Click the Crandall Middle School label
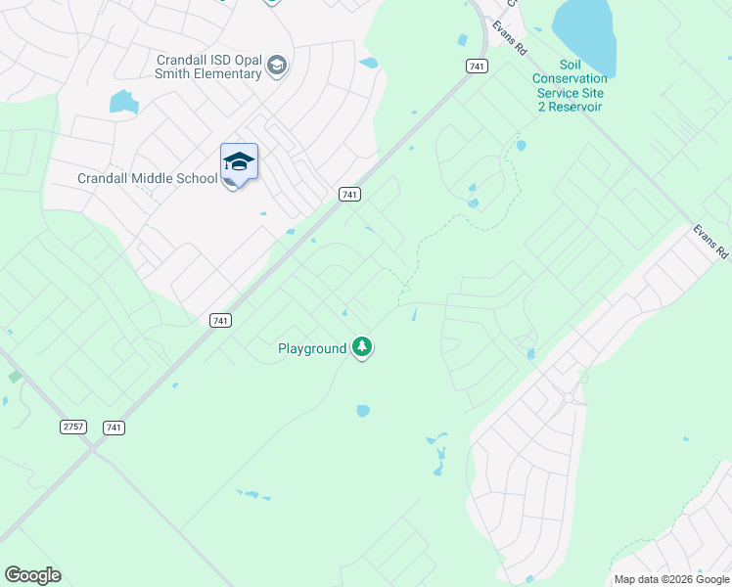point(148,178)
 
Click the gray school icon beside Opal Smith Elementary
point(277,67)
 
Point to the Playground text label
point(312,348)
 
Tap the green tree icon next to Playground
point(363,346)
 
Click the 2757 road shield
point(73,427)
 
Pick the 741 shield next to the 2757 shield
point(114,428)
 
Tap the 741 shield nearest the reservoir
point(476,66)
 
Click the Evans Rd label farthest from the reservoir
point(711,242)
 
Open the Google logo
point(33,575)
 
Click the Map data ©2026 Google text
point(671,579)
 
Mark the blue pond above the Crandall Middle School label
point(123,102)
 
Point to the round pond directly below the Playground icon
point(363,411)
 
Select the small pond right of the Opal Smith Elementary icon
point(369,64)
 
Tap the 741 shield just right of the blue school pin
point(349,194)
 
